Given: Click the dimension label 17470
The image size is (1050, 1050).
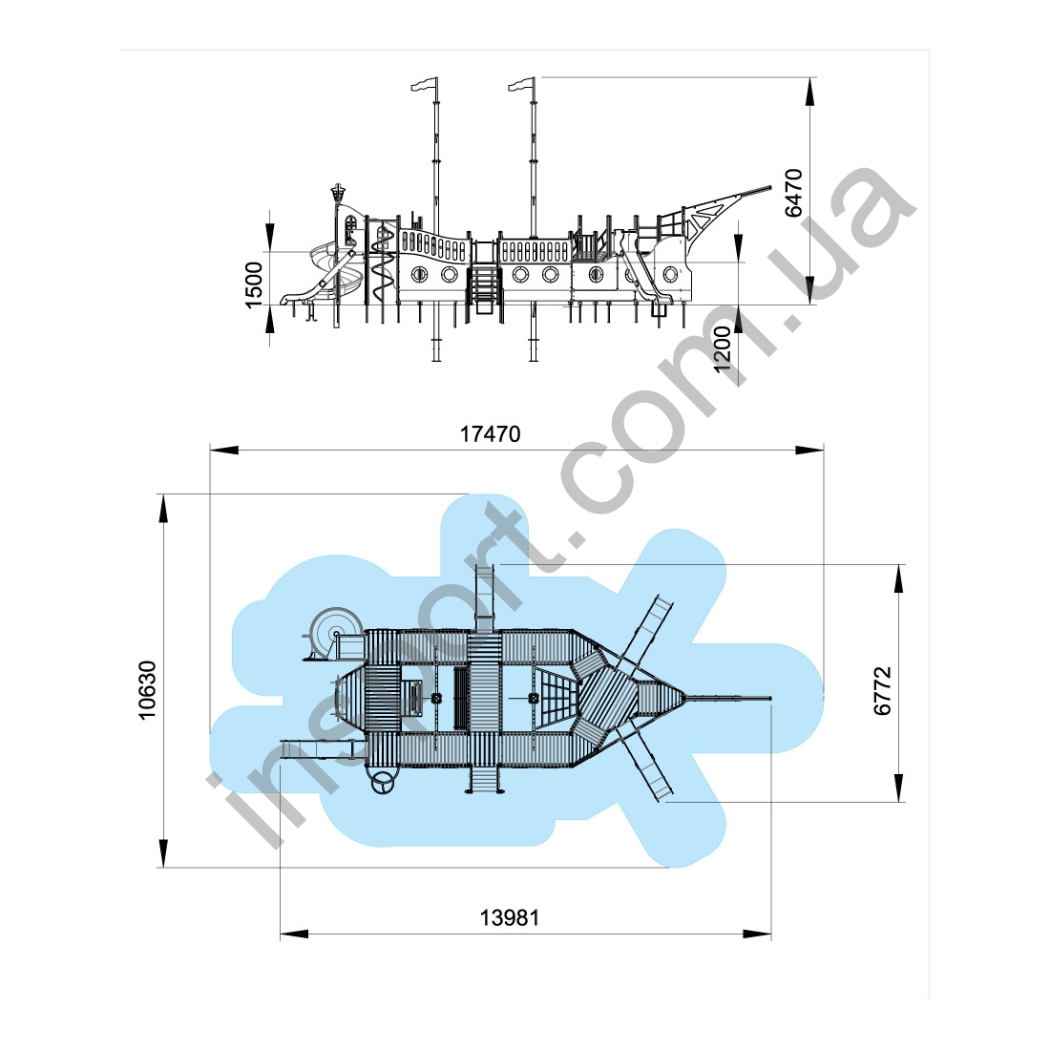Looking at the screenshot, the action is pos(491,434).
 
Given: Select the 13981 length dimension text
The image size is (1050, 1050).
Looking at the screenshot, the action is pos(510,917).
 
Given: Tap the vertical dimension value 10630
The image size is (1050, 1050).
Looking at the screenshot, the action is pos(147,690).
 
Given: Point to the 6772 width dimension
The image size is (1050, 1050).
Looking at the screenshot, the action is pos(883,691).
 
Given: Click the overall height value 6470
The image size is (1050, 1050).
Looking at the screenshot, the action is pos(793,193).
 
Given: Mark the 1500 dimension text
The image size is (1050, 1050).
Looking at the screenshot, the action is pos(255,284).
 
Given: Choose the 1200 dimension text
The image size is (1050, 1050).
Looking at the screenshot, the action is pos(724,348).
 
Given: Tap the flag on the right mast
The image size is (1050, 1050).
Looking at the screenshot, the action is pos(521,84).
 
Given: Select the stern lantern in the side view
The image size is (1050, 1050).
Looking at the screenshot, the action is pos(338,195).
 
